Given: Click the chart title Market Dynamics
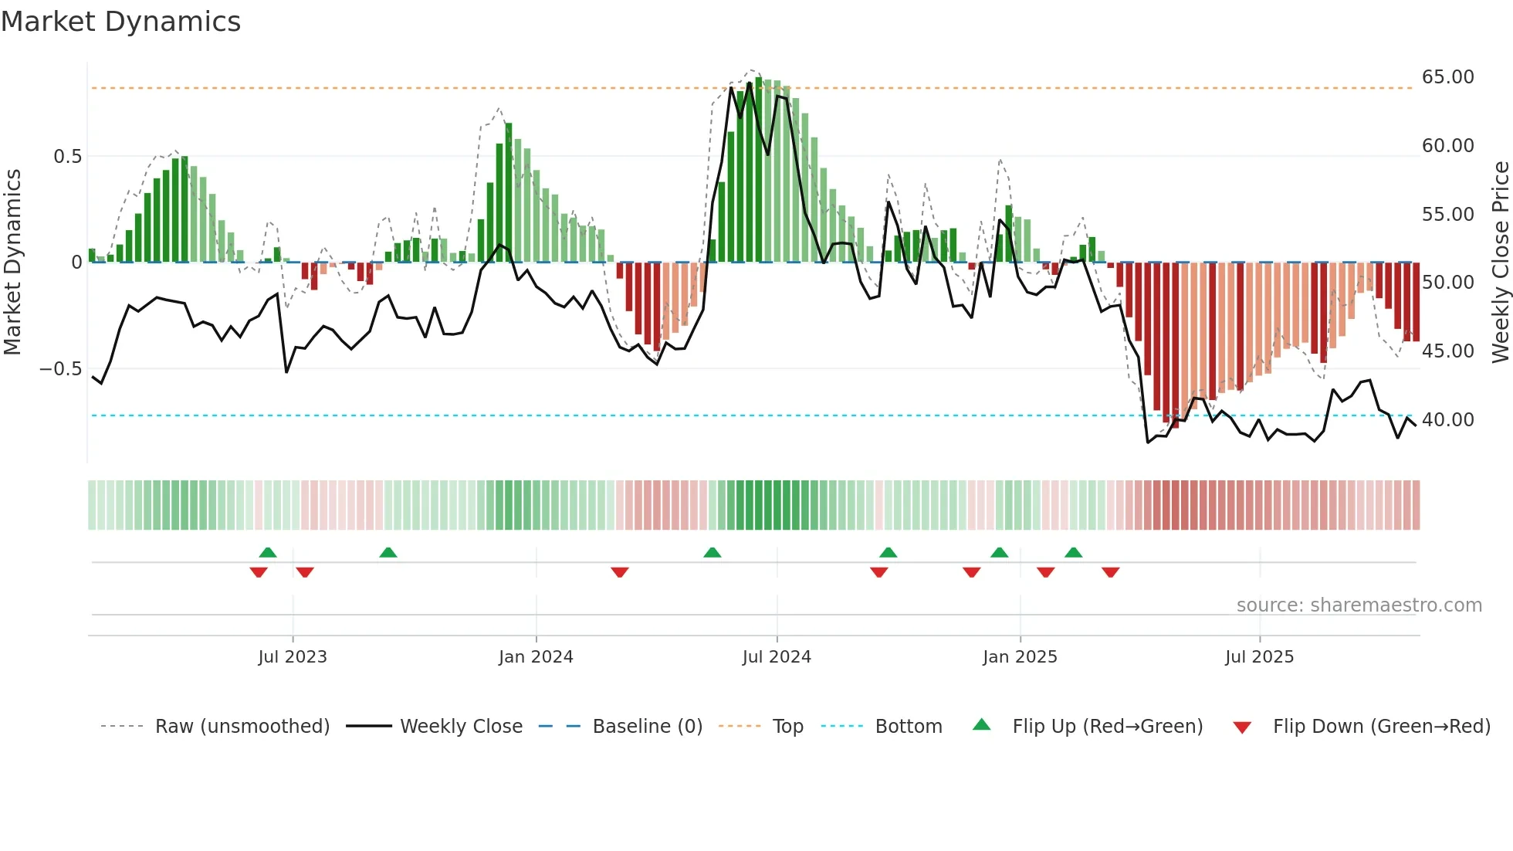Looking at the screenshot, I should pyautogui.click(x=120, y=22).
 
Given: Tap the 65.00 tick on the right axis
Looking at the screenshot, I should pyautogui.click(x=1447, y=77).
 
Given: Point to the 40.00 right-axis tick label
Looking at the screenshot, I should pyautogui.click(x=1447, y=420).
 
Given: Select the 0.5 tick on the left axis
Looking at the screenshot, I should pyautogui.click(x=67, y=157).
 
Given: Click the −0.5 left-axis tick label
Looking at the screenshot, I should pyautogui.click(x=60, y=369).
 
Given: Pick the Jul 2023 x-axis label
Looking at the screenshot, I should pyautogui.click(x=293, y=657).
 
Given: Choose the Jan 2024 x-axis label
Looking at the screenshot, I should pyautogui.click(x=536, y=657).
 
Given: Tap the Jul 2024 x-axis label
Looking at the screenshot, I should pyautogui.click(x=777, y=657).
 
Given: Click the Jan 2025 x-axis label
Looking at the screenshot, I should pyautogui.click(x=1020, y=657).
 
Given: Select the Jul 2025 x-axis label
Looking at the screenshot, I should pyautogui.click(x=1259, y=657).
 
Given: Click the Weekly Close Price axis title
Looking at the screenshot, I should pyautogui.click(x=1500, y=263).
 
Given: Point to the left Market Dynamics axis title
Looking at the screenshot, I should pyautogui.click(x=12, y=263).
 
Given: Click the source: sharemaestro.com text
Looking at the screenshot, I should pyautogui.click(x=1359, y=605).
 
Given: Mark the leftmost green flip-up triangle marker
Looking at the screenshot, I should pyautogui.click(x=268, y=553).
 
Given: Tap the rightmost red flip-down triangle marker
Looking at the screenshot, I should pyautogui.click(x=1111, y=572).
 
